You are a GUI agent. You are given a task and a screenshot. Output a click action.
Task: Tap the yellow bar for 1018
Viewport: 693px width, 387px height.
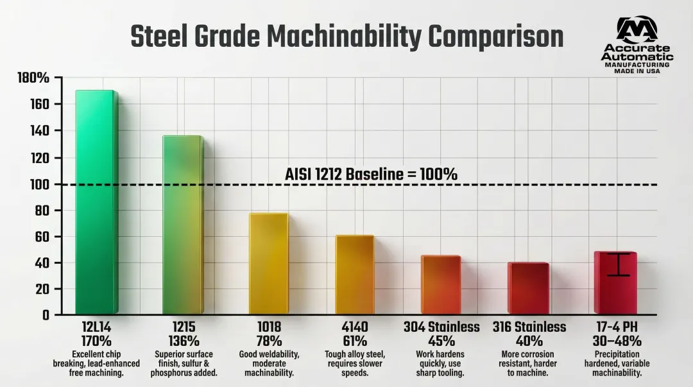tap(268, 264)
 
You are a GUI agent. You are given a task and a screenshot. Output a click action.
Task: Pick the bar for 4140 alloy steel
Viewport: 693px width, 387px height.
tap(354, 275)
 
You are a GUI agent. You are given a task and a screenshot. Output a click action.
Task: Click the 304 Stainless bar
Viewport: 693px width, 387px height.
tap(441, 285)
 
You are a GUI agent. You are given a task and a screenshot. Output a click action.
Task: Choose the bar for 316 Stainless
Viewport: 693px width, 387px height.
tap(528, 288)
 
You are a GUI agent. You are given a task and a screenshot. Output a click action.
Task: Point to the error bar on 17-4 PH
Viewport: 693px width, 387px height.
tap(618, 264)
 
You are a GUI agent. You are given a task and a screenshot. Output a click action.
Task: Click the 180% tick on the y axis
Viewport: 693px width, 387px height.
tap(33, 78)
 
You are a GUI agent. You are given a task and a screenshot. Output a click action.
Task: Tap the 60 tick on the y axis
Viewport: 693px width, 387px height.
tap(40, 237)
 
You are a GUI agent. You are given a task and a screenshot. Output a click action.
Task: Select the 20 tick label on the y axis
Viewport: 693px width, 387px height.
tap(40, 289)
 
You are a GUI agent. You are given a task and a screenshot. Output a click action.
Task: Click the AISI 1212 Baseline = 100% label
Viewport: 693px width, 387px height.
tap(371, 174)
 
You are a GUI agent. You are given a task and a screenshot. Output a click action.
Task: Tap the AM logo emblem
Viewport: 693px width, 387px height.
tap(637, 30)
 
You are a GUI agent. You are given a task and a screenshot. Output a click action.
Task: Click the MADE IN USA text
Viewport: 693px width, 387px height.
tap(637, 71)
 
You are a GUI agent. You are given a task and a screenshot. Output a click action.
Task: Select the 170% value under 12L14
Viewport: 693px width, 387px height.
tap(96, 341)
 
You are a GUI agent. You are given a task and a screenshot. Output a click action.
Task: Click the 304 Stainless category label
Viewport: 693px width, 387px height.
tap(441, 327)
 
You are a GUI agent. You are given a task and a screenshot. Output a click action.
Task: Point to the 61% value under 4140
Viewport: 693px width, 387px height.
tap(355, 341)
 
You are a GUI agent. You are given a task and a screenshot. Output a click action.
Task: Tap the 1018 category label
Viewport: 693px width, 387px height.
tap(268, 327)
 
